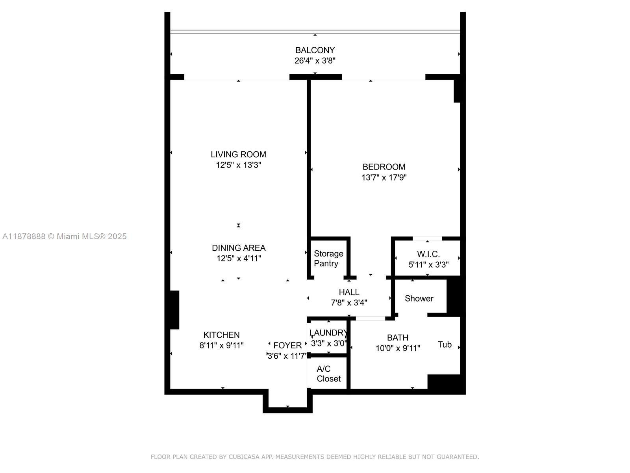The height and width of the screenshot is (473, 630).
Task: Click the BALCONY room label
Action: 315,50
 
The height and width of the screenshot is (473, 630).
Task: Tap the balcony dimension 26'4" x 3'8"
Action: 315,61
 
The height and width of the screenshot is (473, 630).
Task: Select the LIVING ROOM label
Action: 238,155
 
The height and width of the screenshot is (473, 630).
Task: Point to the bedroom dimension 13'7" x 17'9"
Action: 384,178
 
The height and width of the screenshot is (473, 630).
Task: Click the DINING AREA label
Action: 239,248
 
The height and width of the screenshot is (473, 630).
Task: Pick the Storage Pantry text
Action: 328,259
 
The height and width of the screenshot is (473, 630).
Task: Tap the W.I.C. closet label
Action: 428,254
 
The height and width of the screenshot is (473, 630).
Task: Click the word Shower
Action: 419,298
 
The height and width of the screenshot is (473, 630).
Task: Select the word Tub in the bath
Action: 445,345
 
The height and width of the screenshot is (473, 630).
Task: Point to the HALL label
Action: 349,292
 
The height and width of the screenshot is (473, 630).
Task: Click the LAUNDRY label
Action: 328,333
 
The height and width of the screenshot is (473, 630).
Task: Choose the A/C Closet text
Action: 328,374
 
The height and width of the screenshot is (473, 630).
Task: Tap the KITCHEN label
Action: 221,335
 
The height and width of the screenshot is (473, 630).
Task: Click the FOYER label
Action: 287,345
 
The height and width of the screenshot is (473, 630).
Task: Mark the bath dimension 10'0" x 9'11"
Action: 398,348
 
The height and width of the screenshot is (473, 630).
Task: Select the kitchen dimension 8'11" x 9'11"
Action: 221,346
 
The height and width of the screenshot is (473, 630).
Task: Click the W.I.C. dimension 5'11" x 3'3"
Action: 428,265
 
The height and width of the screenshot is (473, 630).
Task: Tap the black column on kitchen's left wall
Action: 174,310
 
